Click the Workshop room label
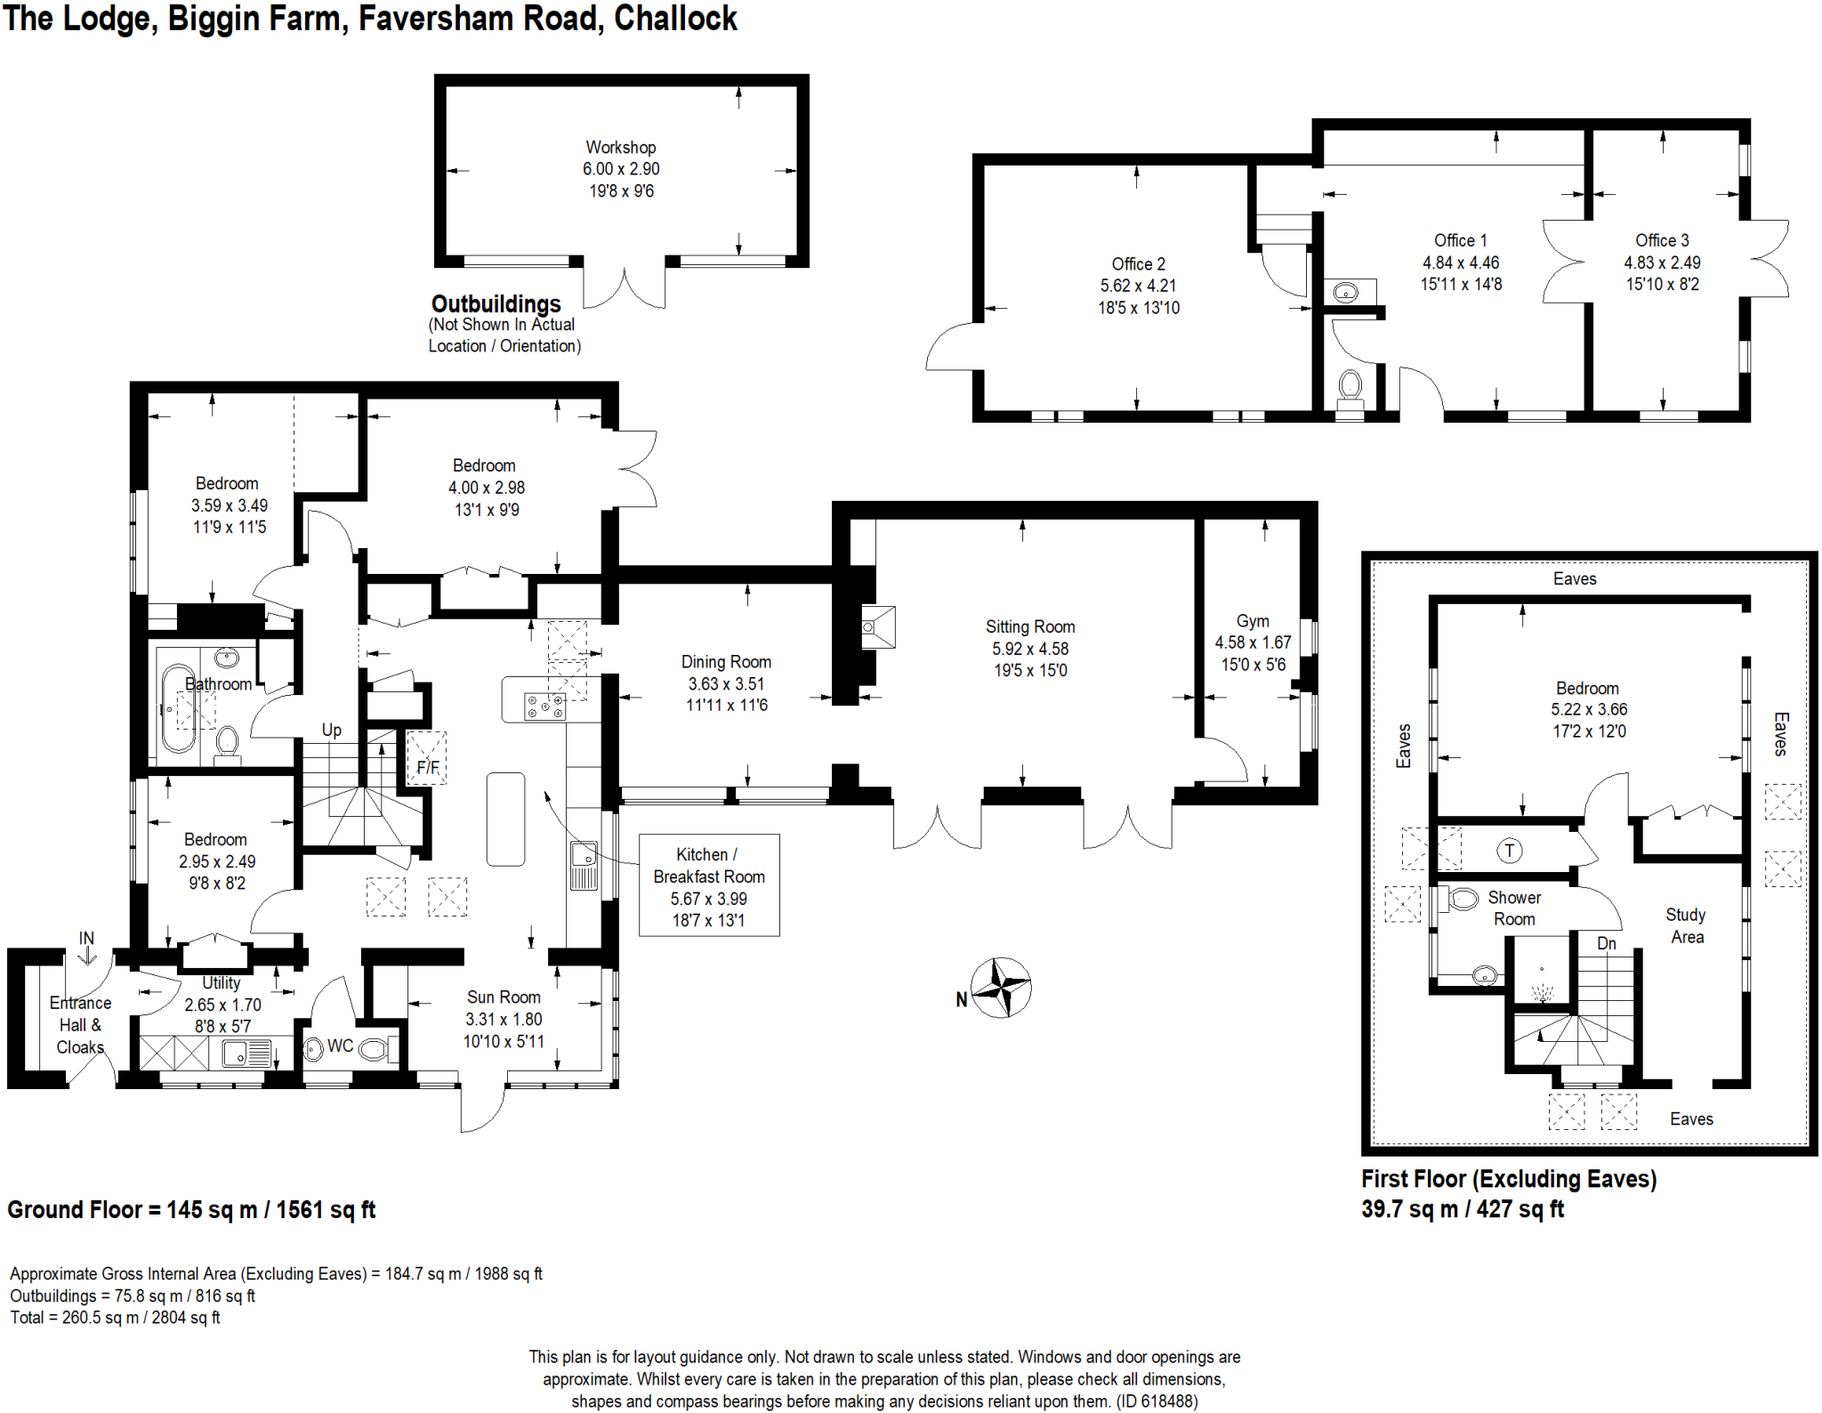[x=621, y=147]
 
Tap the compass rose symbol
[x=1001, y=987]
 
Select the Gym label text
[x=1253, y=621]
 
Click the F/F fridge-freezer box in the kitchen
[x=427, y=758]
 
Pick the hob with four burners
[x=544, y=706]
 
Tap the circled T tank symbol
[x=1509, y=851]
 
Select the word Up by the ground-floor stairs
[x=331, y=731]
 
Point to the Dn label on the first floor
[x=1606, y=943]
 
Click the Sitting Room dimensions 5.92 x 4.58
[x=1030, y=649]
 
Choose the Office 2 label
[x=1138, y=264]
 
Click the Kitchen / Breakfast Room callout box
[x=709, y=885]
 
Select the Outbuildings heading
[x=496, y=304]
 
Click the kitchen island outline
[x=505, y=819]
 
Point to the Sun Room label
[x=504, y=997]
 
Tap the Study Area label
[x=1686, y=925]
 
